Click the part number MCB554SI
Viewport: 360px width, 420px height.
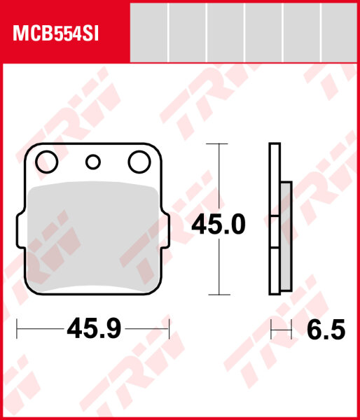(x=54, y=33)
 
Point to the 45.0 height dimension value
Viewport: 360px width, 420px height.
(x=219, y=225)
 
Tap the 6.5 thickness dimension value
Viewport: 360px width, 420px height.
(x=325, y=329)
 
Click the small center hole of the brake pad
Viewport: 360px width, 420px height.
(x=92, y=162)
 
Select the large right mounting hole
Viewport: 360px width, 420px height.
(x=138, y=162)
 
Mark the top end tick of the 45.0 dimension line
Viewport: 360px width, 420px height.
(x=219, y=144)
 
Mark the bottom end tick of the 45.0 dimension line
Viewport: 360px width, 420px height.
(x=219, y=294)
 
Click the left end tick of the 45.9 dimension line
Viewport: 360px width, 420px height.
(x=18, y=327)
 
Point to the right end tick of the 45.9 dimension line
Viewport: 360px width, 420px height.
(x=169, y=327)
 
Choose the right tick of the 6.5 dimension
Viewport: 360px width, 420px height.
(x=291, y=328)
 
